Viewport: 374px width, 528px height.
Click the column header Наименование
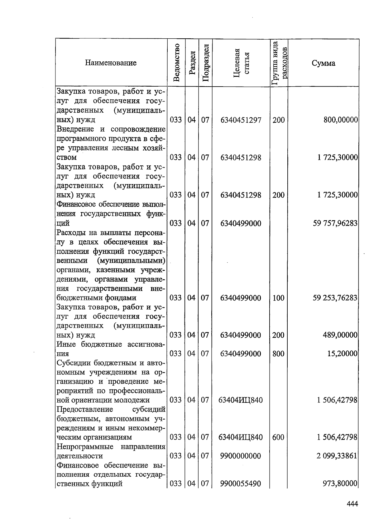point(111,63)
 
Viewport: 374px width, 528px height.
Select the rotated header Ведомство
point(176,63)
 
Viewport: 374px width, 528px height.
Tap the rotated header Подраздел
point(205,63)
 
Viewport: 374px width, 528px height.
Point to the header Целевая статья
point(241,63)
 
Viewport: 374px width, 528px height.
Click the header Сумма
point(323,63)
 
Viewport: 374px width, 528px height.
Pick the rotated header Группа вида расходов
point(279,63)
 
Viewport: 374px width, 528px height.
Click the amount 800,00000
point(341,120)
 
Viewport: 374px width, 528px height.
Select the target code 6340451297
point(241,120)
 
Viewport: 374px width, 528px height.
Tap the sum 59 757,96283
point(335,223)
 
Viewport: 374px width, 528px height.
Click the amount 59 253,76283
point(335,298)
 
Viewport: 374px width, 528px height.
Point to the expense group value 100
point(278,298)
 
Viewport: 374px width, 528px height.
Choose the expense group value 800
point(278,354)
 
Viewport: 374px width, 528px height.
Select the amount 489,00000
point(341,335)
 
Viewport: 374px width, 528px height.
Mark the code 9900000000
point(240,456)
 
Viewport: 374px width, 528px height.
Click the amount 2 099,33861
point(337,456)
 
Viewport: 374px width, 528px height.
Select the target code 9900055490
point(240,484)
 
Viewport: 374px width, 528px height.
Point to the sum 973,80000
point(341,484)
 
